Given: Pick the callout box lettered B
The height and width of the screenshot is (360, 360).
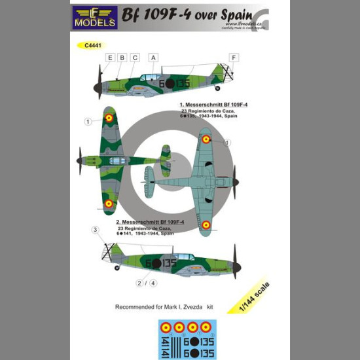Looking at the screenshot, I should [x=122, y=58].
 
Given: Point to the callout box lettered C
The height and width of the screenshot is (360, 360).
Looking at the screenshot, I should [x=135, y=58].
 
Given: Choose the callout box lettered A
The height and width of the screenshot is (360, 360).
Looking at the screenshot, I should [x=154, y=58].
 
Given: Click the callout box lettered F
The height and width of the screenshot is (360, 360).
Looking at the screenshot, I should [x=233, y=58].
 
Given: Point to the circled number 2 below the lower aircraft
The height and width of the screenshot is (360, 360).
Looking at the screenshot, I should [x=139, y=283].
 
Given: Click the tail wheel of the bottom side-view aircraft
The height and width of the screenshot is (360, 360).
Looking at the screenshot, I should [x=116, y=268].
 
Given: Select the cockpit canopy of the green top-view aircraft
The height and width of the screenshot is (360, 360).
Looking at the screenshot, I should [x=117, y=160].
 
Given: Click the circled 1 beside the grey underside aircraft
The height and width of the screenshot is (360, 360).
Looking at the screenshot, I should [x=227, y=142].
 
